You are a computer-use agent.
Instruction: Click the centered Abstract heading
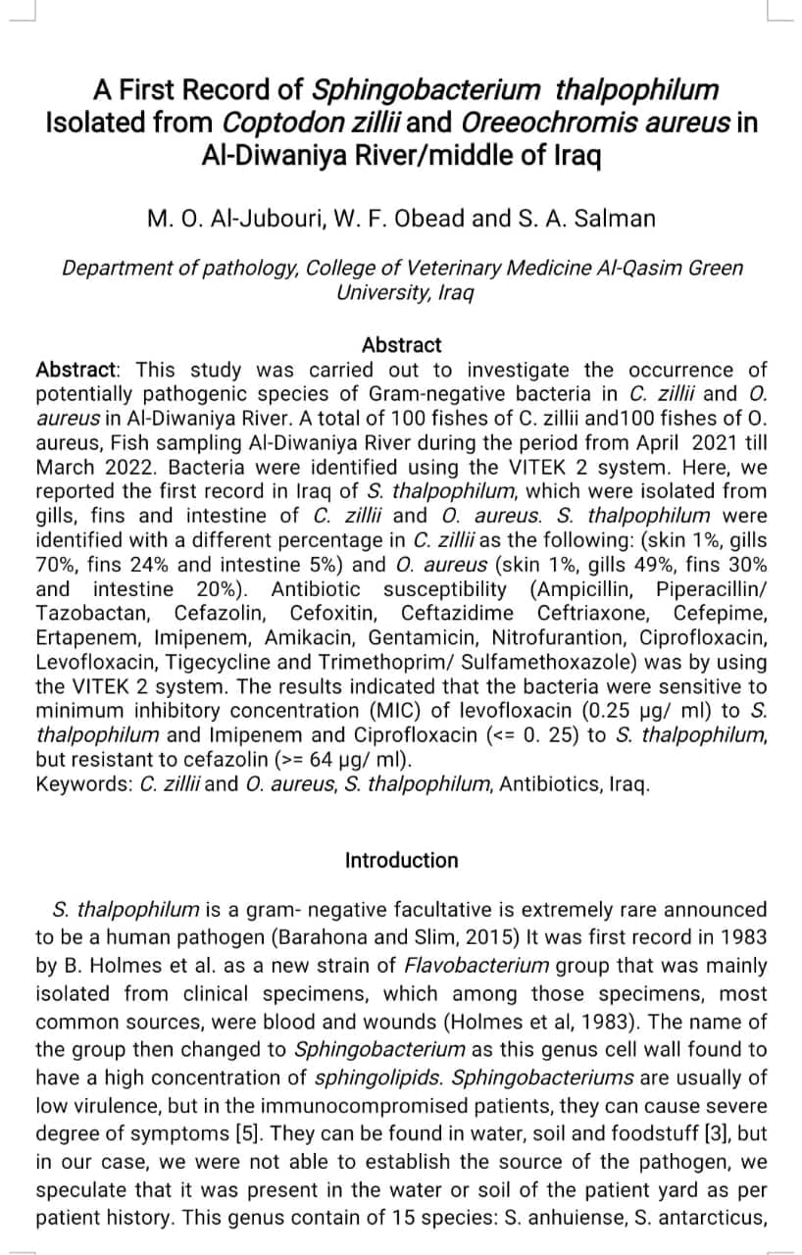coord(401,345)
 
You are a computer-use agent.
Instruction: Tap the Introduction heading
coord(401,860)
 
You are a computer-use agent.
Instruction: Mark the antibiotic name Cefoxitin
coord(334,614)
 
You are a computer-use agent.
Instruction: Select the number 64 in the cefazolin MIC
coord(330,760)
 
